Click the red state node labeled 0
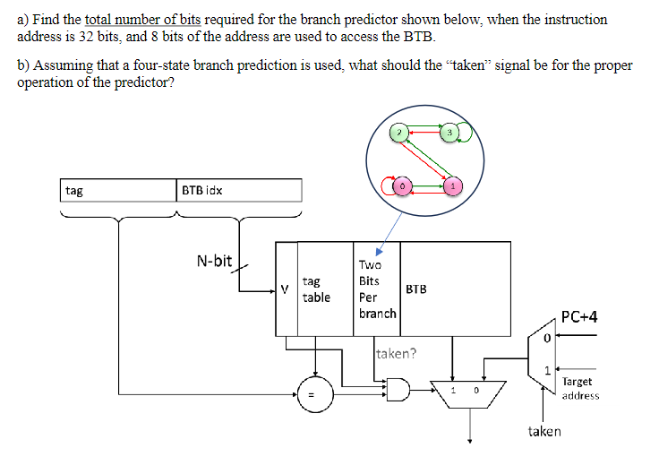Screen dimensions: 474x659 click(403, 185)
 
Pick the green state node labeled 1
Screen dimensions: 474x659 click(455, 185)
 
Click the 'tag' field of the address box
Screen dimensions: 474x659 click(74, 190)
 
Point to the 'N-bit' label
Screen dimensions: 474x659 click(214, 261)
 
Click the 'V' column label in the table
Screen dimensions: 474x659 click(285, 289)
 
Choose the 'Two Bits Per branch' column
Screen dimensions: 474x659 click(377, 289)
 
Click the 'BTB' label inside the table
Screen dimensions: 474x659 click(416, 289)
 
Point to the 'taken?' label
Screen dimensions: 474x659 click(396, 353)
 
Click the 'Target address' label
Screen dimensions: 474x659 click(580, 388)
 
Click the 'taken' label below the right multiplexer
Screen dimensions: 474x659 click(544, 431)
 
